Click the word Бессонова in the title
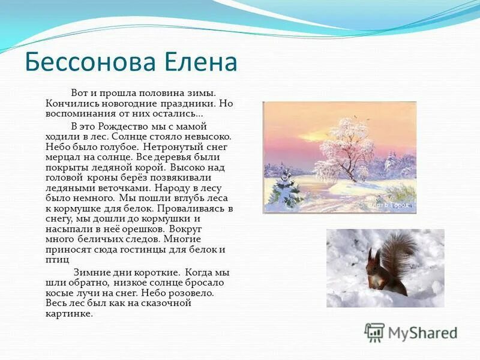pos(92,62)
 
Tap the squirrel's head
pos(374,259)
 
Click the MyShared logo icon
pos(374,332)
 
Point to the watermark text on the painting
pos(388,205)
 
